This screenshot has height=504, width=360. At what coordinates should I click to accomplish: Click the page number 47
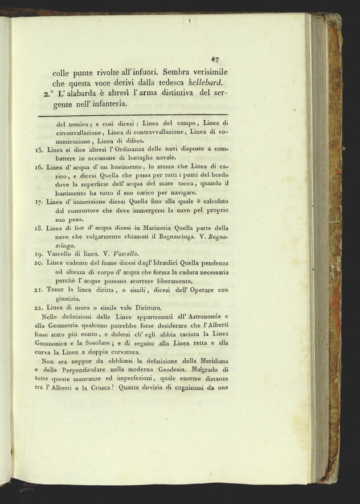pyautogui.click(x=215, y=58)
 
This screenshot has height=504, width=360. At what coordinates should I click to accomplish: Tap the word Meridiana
pyautogui.click(x=211, y=360)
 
